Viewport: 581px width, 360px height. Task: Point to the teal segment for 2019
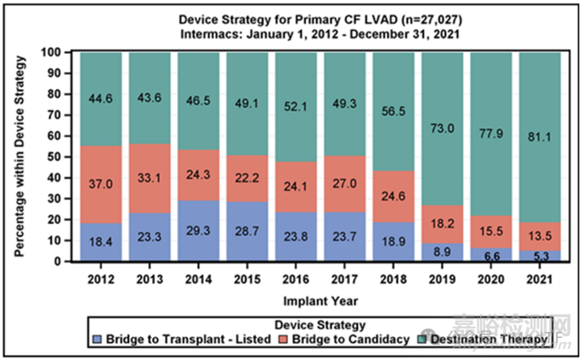[443, 128]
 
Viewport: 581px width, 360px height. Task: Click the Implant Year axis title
[320, 301]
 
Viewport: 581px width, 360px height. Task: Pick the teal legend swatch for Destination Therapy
[421, 339]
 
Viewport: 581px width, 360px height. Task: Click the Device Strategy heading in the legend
[320, 326]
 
